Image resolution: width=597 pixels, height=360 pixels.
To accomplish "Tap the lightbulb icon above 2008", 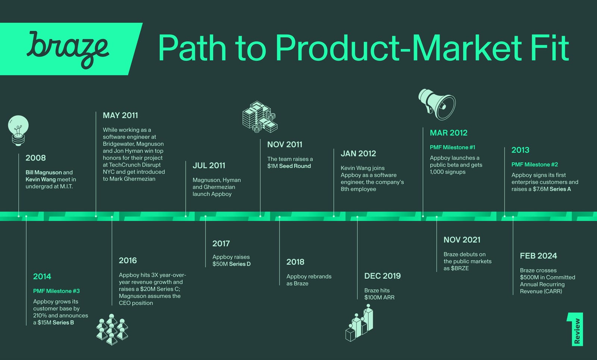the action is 18,131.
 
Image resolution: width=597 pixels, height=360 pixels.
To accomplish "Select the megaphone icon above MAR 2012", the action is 437,104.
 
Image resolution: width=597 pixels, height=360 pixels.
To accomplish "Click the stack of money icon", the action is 260,117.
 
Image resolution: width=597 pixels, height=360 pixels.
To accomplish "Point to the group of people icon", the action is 112,329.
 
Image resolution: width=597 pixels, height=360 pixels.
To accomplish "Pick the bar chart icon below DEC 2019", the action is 359,323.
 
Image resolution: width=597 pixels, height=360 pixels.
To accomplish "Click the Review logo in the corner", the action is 575,329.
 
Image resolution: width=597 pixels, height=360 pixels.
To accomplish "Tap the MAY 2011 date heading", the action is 121,115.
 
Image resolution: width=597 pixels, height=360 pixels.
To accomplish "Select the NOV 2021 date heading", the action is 462,240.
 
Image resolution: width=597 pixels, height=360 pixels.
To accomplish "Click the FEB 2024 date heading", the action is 538,256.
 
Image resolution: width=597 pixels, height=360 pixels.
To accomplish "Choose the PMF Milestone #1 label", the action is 452,147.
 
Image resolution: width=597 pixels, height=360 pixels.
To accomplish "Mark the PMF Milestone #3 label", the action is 56,291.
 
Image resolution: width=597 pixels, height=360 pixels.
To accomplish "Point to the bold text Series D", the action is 240,264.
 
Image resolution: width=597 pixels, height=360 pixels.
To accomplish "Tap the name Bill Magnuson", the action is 44,172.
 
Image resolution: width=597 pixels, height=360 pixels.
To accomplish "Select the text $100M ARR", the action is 379,297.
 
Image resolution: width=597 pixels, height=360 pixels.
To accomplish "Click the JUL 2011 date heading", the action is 209,166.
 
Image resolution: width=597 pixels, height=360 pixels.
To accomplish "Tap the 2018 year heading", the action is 295,262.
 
